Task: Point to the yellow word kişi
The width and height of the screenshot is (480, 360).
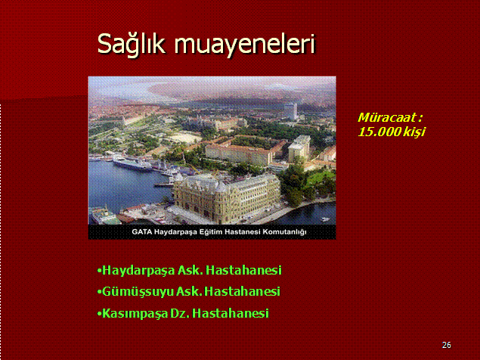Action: (414, 132)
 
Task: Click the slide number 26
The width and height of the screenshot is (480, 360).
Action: (447, 345)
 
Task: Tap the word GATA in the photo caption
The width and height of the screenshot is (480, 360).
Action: (142, 231)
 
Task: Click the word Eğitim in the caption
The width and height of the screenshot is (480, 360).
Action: (211, 232)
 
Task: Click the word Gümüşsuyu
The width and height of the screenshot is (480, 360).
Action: (138, 292)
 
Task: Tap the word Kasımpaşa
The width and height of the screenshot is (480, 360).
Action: (135, 314)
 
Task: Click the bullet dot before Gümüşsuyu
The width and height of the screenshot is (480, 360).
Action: (99, 292)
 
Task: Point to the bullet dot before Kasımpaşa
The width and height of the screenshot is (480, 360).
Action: (99, 314)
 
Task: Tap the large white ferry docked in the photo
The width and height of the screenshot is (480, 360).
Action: (132, 162)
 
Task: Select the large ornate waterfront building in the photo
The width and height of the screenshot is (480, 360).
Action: (227, 197)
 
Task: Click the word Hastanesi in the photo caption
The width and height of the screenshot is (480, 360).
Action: (243, 231)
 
